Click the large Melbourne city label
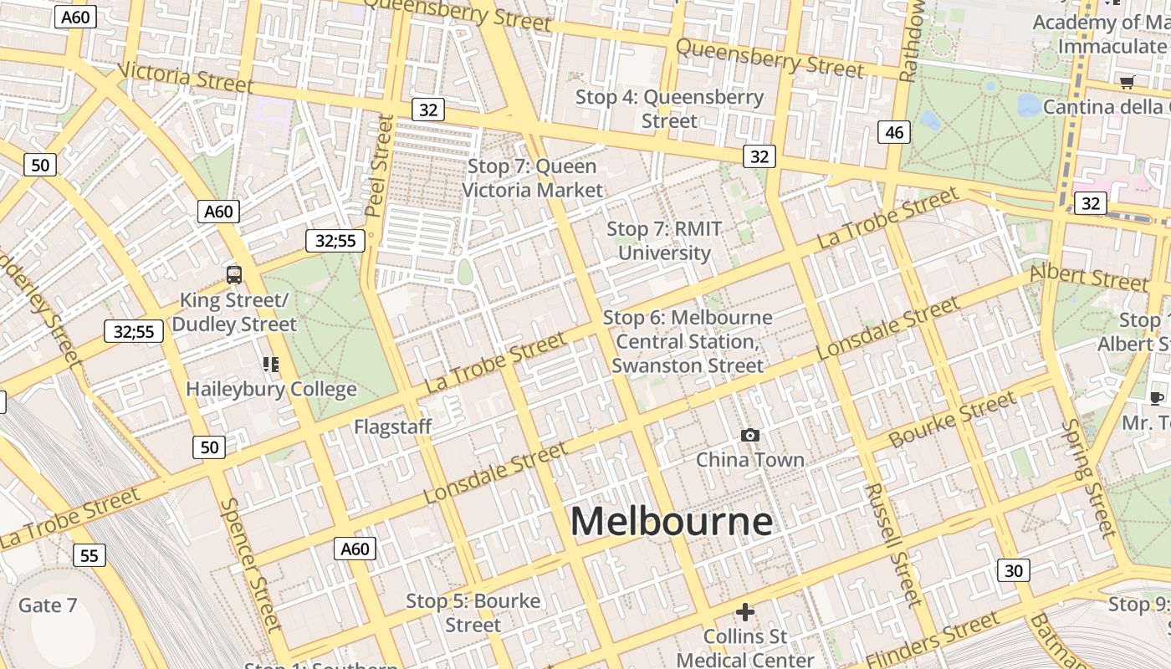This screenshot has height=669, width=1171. (671, 522)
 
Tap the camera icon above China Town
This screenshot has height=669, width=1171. (750, 435)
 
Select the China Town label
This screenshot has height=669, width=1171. (750, 459)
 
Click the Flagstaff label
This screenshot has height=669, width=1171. (392, 426)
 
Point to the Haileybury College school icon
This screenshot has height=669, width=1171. (270, 364)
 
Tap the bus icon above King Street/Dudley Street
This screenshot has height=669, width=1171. (234, 274)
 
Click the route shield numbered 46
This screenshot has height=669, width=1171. (893, 132)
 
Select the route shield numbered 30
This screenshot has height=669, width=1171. (1013, 571)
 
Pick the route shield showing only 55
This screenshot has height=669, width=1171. (89, 555)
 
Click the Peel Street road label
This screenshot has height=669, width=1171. (379, 166)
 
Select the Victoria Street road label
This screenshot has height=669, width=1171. (185, 77)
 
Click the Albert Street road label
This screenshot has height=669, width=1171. (1088, 277)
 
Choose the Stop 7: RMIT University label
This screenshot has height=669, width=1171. (664, 241)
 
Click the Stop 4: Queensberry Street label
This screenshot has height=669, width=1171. (669, 109)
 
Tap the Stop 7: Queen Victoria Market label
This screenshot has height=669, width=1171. (532, 178)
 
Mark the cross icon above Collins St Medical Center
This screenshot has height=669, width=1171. (744, 612)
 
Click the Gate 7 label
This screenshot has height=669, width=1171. (48, 605)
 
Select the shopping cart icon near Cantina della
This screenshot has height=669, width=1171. (1127, 82)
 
